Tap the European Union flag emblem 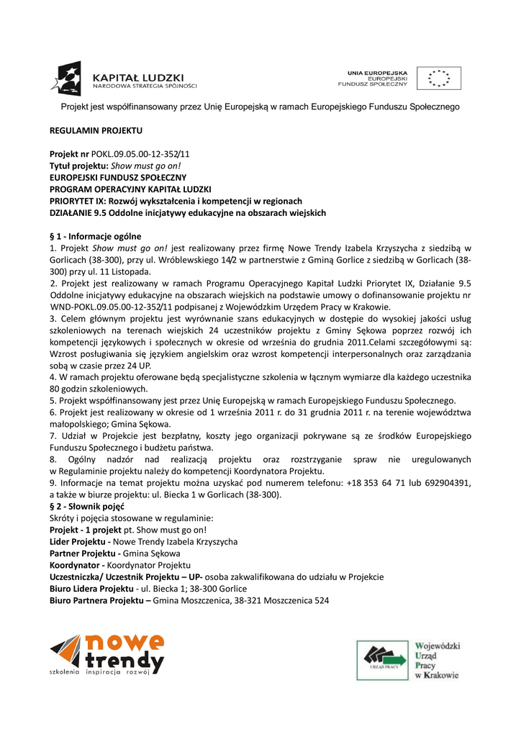pos(439,78)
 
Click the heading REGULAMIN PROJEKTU pos(96,130)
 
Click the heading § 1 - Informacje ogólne pos(95,236)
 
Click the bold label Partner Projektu pos(83,553)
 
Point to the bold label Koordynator pos(75,565)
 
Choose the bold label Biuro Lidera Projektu pos(91,588)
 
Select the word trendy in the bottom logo pos(124,659)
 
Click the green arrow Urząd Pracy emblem pos(383,658)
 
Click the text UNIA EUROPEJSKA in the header pos(378,73)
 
